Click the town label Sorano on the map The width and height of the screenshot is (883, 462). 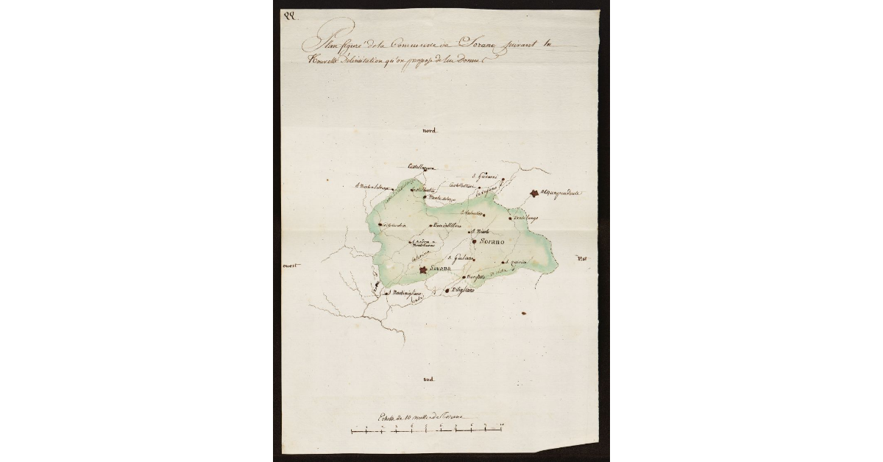click(492, 241)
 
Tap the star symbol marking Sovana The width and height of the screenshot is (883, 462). click(423, 271)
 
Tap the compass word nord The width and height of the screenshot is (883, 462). click(429, 131)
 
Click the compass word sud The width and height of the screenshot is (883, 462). click(429, 379)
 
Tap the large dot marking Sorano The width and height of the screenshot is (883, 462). click(475, 241)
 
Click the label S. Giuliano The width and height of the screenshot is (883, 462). click(461, 257)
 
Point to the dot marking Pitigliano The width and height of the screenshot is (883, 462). click(447, 291)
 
